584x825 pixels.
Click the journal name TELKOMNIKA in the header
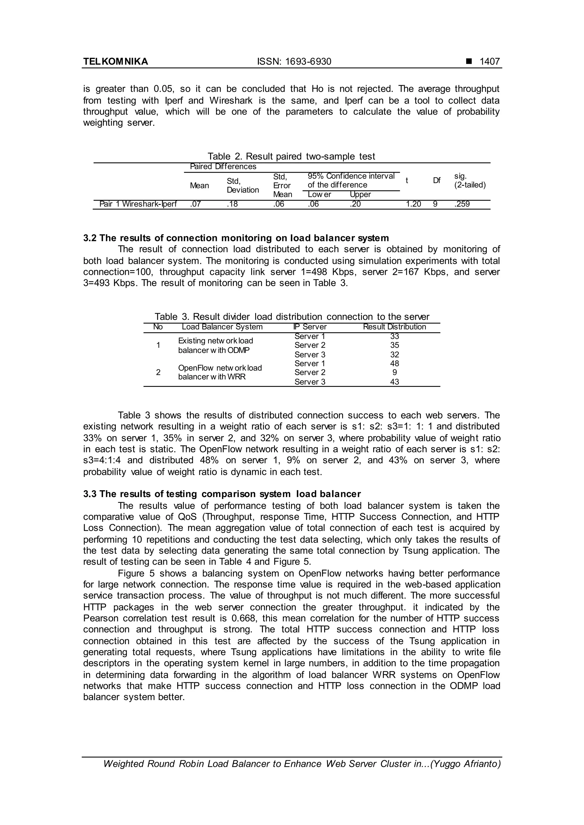[115, 62]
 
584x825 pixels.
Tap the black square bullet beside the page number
[469, 62]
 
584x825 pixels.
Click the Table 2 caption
[291, 156]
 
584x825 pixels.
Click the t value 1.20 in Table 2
[413, 205]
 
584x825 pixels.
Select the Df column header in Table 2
[437, 180]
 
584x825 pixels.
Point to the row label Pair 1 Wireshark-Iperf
[138, 205]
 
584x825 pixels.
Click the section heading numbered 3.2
[236, 238]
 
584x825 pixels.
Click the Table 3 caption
[292, 316]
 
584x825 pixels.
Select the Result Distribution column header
[394, 327]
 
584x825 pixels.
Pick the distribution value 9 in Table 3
[394, 373]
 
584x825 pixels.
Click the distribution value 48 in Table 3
[394, 363]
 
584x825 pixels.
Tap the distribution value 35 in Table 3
[394, 345]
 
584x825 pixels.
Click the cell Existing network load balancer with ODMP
[215, 345]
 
